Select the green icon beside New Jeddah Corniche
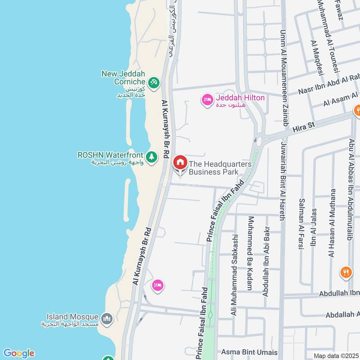[x=153, y=82]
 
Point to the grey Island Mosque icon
[x=107, y=319]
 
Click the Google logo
[x=18, y=353]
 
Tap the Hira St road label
[x=302, y=129]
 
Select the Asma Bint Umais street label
[x=249, y=352]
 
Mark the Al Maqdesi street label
[x=317, y=57]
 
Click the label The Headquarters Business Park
[x=220, y=168]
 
